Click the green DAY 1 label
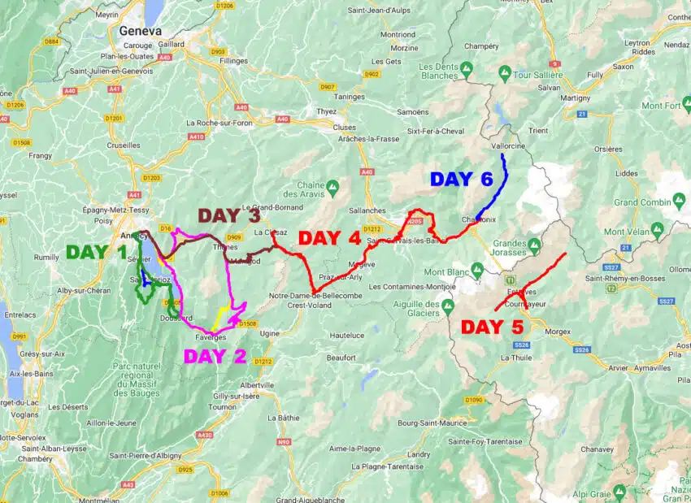97,252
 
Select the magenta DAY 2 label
214,356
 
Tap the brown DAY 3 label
230,215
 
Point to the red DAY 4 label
329,238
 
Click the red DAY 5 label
492,327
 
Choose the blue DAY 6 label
461,179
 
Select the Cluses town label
345,128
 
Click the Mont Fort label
661,106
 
